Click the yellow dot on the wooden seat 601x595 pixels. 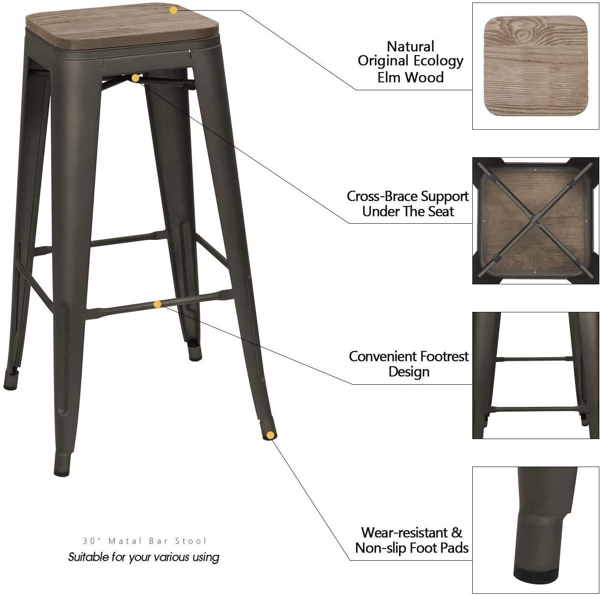pos(173,10)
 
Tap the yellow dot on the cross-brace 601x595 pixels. pos(135,78)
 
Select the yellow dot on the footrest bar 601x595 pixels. pos(157,304)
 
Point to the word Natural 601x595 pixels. pos(411,46)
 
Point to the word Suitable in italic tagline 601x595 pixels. pos(88,556)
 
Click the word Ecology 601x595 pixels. pos(438,61)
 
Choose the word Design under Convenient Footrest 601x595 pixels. pos(409,372)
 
